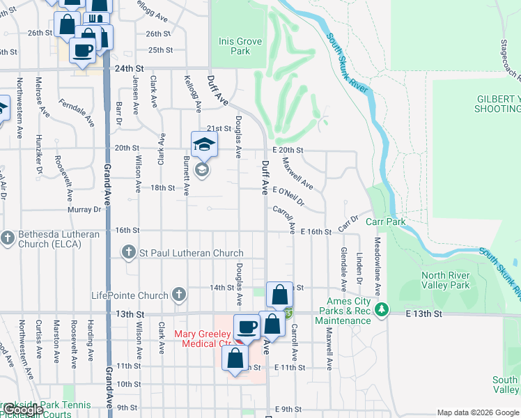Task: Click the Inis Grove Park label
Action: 240,46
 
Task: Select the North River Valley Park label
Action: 446,280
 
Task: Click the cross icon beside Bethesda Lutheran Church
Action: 8,239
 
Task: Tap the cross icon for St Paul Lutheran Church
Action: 128,252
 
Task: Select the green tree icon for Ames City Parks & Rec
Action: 381,309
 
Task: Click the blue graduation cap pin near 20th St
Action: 205,144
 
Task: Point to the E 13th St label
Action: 425,314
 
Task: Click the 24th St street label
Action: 129,69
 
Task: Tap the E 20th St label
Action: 288,150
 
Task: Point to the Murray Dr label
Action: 84,209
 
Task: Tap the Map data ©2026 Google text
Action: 477,412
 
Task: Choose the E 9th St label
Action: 288,409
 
